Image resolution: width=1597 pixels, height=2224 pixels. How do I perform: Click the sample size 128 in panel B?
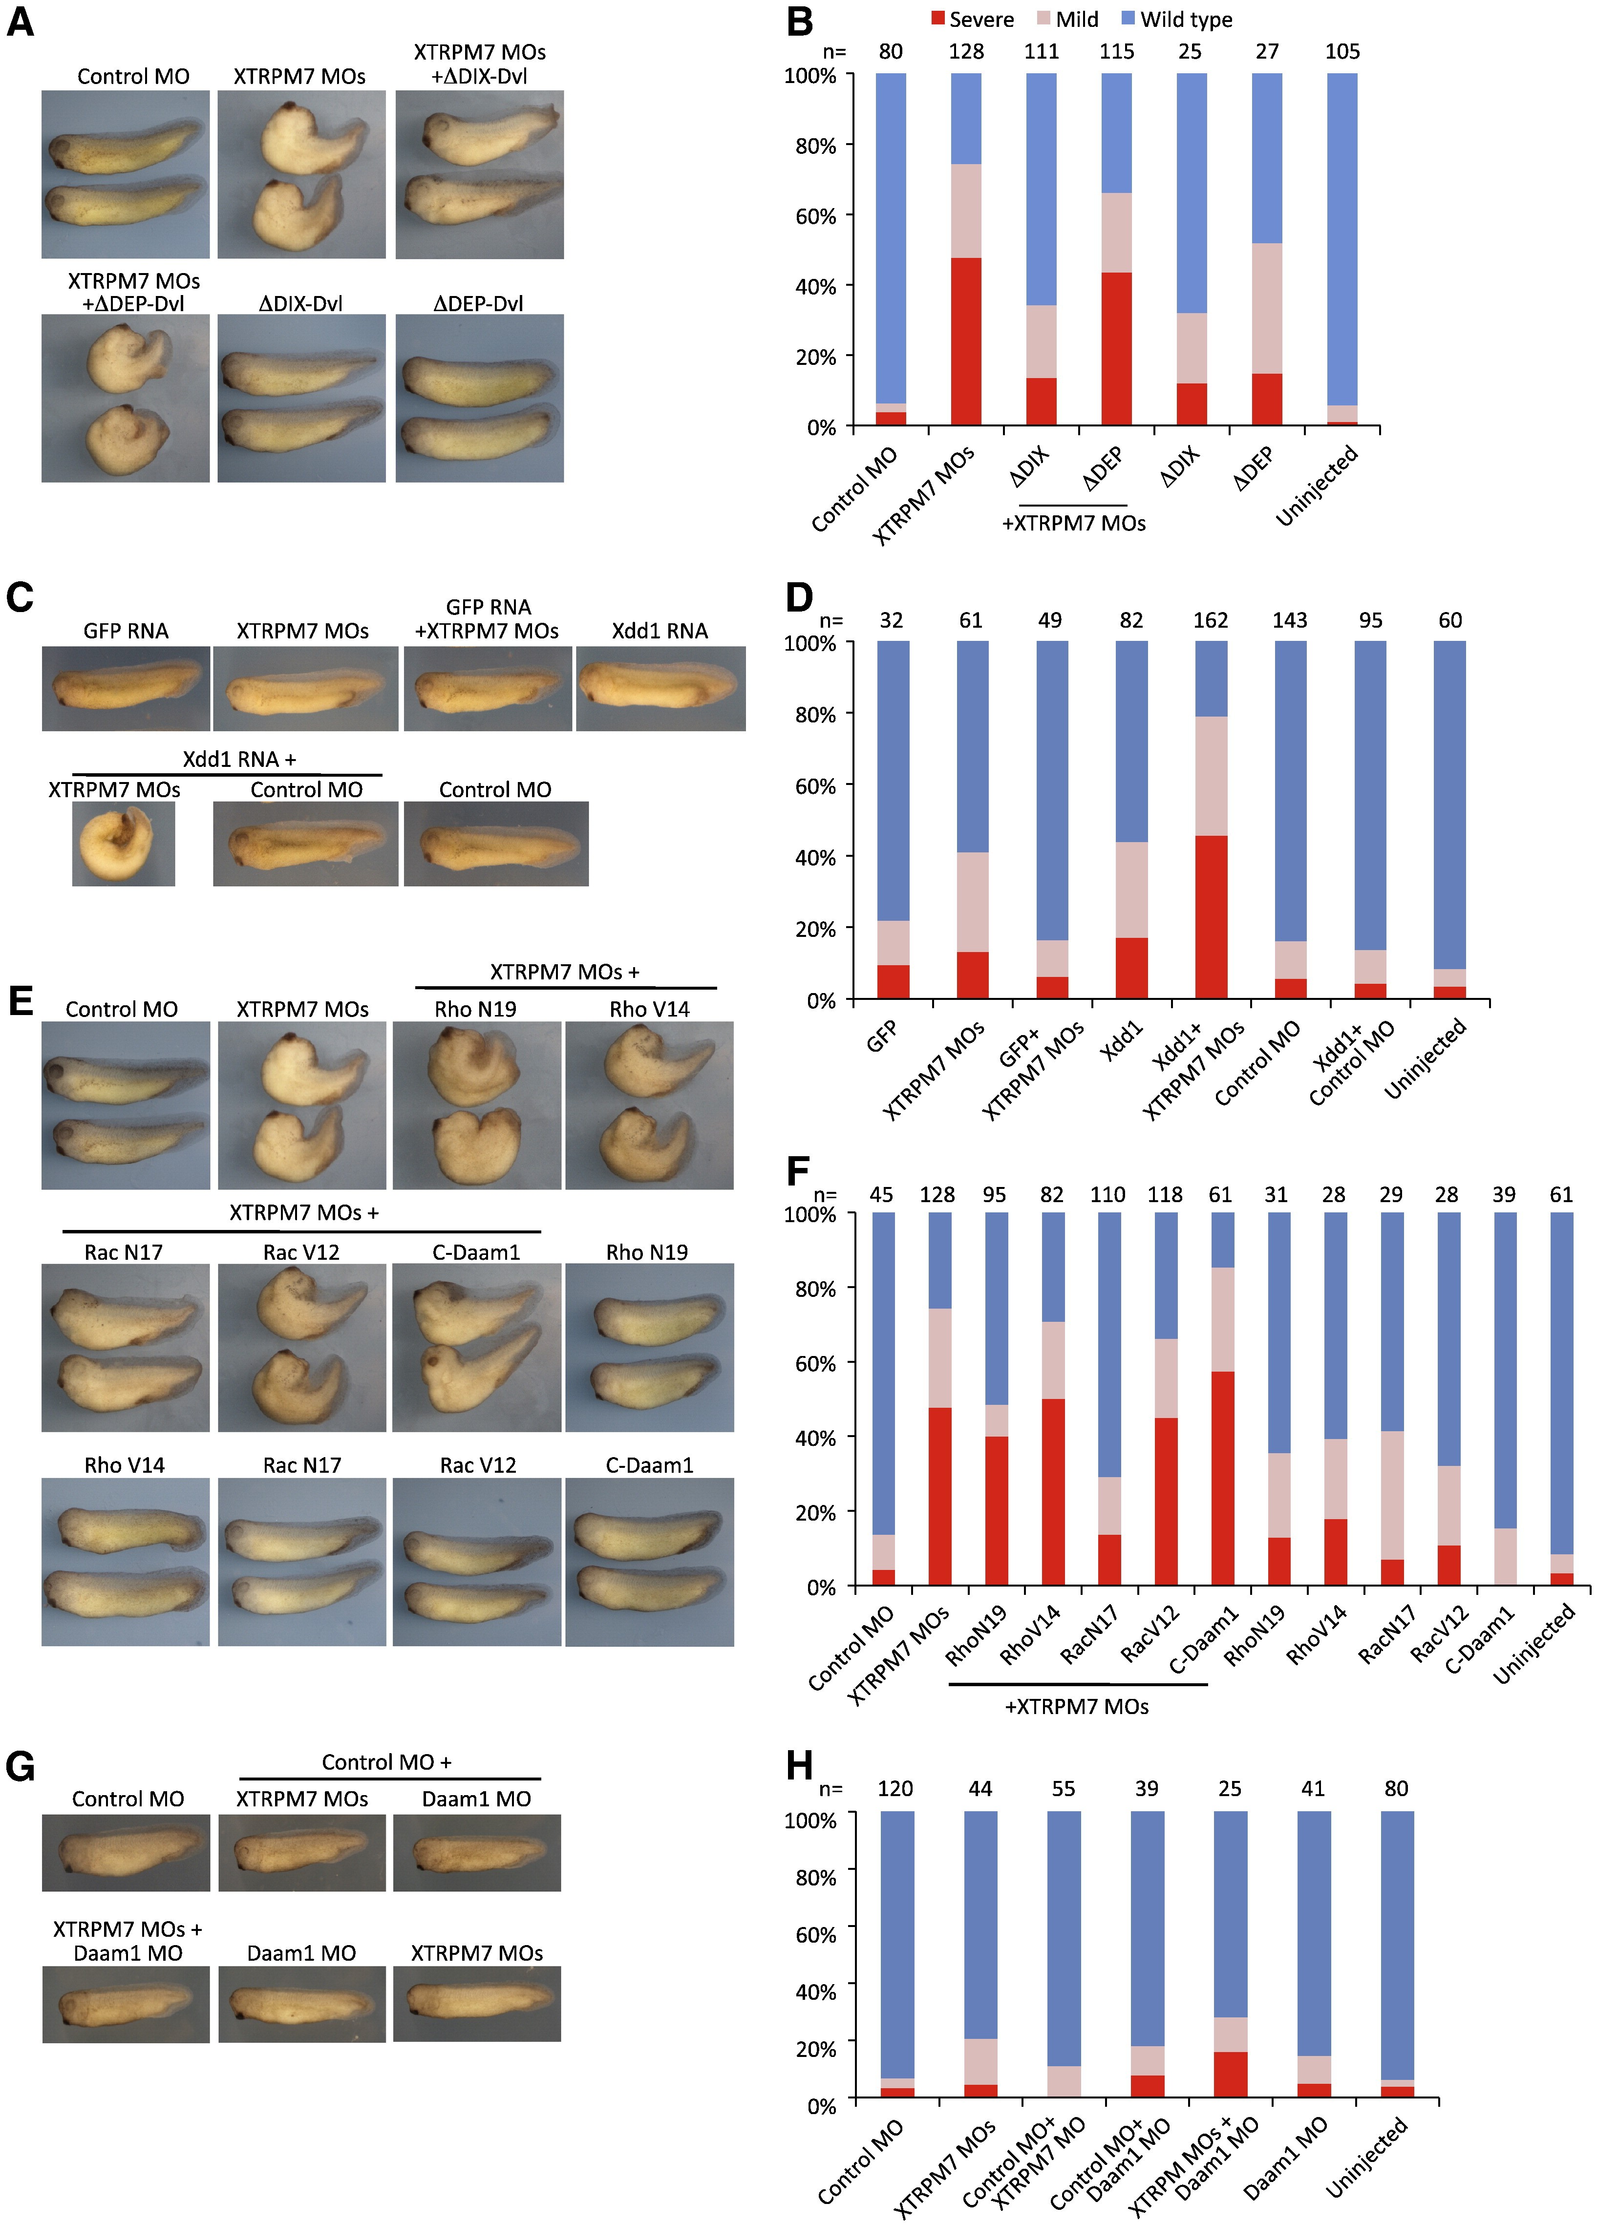966,51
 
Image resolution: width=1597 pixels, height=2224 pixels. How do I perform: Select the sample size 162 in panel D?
1211,620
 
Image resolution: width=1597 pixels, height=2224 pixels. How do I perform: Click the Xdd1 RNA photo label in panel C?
659,631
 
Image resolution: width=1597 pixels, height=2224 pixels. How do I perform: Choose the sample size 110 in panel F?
1107,1194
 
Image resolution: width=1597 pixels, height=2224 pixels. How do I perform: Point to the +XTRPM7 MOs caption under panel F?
1076,1706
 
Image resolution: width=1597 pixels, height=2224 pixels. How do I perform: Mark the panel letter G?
20,1766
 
